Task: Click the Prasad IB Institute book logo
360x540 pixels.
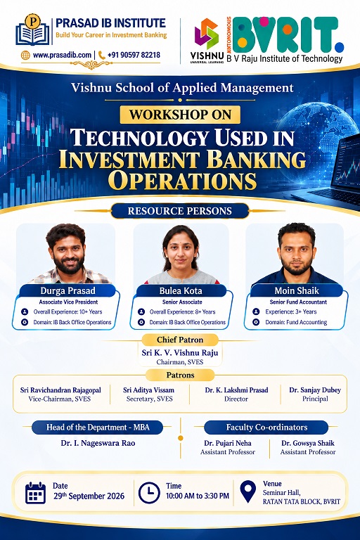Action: [33, 30]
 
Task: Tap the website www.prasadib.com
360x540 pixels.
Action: [62, 55]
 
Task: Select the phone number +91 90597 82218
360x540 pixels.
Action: [134, 55]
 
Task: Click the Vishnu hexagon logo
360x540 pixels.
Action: [207, 34]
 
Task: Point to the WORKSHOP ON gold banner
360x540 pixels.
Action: [180, 115]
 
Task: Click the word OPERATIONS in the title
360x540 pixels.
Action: [182, 181]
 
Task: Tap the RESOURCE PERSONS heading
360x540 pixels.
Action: [180, 211]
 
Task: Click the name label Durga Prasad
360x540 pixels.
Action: [68, 290]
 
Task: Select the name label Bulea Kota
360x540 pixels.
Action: [181, 290]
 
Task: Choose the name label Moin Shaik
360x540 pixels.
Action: [297, 290]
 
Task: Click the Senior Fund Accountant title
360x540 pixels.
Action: [298, 302]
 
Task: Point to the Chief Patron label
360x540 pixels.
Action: [180, 340]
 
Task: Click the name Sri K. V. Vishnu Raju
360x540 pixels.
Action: [180, 353]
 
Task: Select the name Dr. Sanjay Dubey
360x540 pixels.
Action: [315, 390]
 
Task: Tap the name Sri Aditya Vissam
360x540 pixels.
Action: [149, 390]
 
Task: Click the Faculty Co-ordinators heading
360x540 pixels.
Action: [266, 427]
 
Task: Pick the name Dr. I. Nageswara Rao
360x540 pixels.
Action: [98, 443]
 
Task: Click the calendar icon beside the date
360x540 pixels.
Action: [35, 492]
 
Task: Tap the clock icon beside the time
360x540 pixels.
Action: [149, 493]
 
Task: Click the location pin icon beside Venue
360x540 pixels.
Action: [248, 491]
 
